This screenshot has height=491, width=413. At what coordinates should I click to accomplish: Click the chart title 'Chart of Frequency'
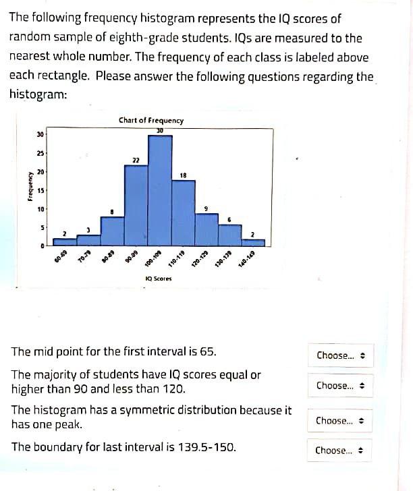150,120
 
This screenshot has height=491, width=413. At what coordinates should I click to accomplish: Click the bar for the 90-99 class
136,205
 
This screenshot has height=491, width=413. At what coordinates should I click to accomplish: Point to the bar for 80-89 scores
113,231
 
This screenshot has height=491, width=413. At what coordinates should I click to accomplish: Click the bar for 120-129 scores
206,230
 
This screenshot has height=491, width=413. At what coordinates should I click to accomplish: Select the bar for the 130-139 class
230,235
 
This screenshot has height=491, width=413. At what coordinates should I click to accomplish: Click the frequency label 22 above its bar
136,160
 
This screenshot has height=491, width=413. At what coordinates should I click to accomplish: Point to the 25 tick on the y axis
40,154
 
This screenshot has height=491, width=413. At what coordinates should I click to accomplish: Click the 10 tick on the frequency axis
40,209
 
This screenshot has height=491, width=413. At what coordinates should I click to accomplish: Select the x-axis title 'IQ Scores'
159,278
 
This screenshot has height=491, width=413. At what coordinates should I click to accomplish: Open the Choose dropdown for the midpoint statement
340,355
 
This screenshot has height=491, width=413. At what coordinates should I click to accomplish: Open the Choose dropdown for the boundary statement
340,450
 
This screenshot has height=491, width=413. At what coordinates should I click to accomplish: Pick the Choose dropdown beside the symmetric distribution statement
340,420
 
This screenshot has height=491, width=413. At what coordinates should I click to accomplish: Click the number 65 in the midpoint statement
206,351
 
